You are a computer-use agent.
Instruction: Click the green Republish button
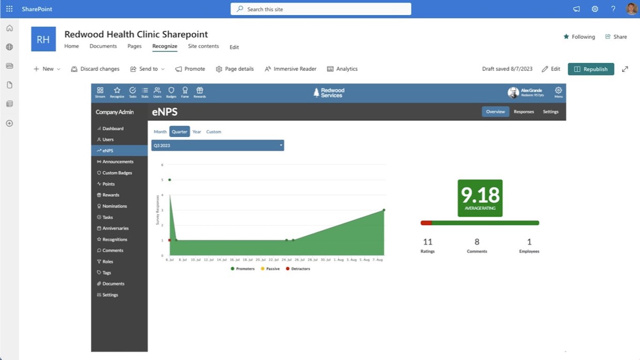[x=591, y=69]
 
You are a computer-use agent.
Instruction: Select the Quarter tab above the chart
[x=179, y=132]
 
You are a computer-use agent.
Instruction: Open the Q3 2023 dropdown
[x=217, y=145]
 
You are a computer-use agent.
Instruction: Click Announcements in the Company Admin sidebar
[x=118, y=162]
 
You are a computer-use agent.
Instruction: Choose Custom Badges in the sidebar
[x=117, y=173]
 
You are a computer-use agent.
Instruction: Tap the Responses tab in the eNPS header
[x=523, y=112]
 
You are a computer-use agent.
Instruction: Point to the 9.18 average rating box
[x=480, y=198]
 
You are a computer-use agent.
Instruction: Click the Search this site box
[x=321, y=9]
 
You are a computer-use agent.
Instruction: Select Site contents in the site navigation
[x=203, y=46]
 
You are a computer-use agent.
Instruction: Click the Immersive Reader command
[x=290, y=69]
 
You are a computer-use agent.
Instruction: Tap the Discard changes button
[x=95, y=69]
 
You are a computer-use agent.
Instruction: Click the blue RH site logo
[x=43, y=39]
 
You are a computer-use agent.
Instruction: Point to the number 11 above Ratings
[x=427, y=242]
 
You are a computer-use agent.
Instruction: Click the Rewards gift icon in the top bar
[x=200, y=91]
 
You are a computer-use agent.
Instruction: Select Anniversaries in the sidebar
[x=115, y=228]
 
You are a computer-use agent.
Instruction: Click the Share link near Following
[x=616, y=37]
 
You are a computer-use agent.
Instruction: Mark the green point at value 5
[x=170, y=180]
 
